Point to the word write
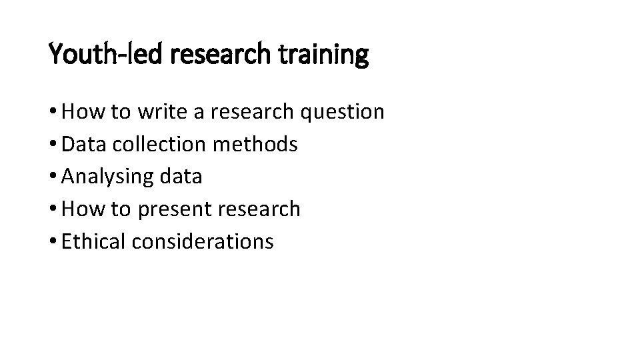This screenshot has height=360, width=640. (x=160, y=111)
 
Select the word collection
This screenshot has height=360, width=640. (x=157, y=144)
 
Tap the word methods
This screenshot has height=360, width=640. (x=257, y=144)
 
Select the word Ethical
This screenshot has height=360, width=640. (x=93, y=241)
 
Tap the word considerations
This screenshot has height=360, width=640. (x=203, y=241)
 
